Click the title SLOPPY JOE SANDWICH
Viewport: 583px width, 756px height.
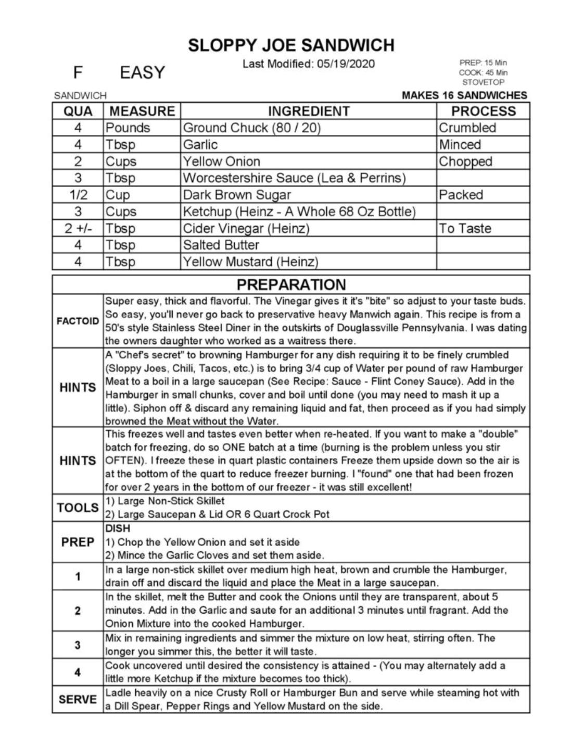(291, 45)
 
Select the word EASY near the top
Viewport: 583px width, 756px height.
(142, 72)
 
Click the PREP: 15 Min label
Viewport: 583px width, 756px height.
(483, 63)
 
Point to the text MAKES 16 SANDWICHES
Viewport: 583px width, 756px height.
(464, 95)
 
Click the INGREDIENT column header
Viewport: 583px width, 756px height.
(309, 111)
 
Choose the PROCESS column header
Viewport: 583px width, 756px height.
(483, 111)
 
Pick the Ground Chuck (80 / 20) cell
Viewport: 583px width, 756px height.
(252, 128)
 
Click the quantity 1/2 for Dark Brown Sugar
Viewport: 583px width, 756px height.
(78, 195)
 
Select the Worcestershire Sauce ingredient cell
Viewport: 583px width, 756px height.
(294, 178)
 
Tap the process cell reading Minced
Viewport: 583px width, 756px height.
(460, 144)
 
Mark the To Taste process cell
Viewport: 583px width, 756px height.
(465, 228)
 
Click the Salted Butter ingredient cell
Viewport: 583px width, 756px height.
(221, 245)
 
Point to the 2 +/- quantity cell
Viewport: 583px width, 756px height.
(78, 228)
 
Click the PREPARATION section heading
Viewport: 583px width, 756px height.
(291, 284)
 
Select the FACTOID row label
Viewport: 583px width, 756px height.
(78, 321)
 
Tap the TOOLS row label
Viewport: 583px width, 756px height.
(78, 507)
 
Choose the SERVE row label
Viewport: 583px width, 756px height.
(78, 699)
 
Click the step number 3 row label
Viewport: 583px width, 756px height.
(78, 645)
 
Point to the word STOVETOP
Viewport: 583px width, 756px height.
(483, 82)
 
